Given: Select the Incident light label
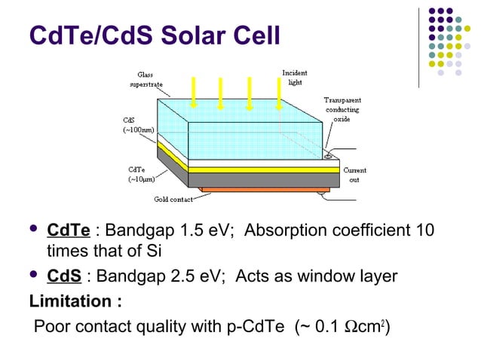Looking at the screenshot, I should coord(295,78).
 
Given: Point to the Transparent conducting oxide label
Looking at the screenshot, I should coord(342,110).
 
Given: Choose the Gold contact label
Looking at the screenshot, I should coord(170,200).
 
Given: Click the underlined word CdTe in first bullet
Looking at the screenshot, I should coord(69,230).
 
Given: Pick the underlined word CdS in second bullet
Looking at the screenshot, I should coord(65,276).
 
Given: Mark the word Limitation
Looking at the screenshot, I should coord(75,302).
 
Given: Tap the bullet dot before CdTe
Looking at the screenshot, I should coord(32,230).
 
